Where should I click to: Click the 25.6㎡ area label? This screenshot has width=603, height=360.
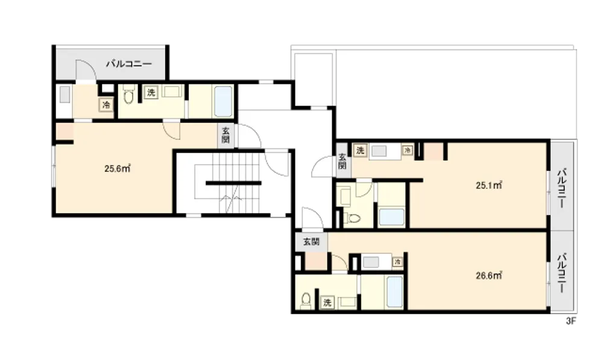(x=118, y=168)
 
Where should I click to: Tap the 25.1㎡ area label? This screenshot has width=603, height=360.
(x=489, y=185)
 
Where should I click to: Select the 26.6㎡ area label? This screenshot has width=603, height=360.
(x=489, y=276)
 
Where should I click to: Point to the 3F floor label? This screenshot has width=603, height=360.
(x=571, y=321)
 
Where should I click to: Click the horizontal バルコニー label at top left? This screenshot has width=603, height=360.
(x=129, y=63)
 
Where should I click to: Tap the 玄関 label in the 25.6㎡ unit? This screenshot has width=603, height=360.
(x=226, y=135)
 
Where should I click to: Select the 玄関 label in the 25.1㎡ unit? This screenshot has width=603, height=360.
(x=343, y=161)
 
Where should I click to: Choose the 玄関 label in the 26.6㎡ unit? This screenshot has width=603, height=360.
(x=311, y=242)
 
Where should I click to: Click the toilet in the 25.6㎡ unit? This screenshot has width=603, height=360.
(x=129, y=95)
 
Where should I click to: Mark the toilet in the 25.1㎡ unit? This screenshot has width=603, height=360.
(x=352, y=218)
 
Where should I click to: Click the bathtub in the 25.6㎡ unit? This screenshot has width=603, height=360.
(x=223, y=101)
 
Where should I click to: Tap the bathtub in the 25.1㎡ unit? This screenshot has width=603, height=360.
(x=391, y=217)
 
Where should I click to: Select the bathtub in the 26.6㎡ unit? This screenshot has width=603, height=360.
(x=394, y=292)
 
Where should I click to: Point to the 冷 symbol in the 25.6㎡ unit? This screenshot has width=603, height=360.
(x=106, y=104)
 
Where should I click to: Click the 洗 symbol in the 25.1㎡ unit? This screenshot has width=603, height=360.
(x=360, y=150)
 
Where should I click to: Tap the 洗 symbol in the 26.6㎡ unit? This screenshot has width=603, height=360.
(x=327, y=302)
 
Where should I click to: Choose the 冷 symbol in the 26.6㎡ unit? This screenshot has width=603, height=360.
(x=397, y=262)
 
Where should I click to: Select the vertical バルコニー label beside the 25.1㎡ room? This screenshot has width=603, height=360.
(x=562, y=188)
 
